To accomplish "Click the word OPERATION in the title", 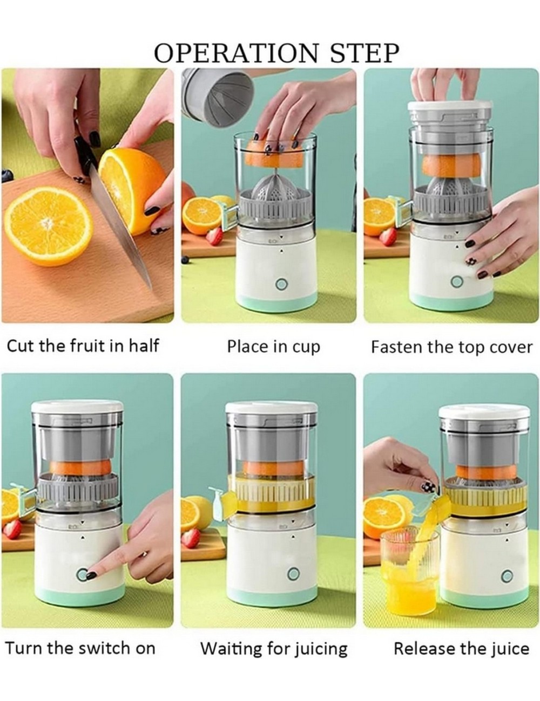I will click(232, 53).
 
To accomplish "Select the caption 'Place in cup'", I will click(273, 346).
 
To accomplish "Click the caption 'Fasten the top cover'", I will click(451, 346).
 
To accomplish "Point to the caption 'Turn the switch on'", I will click(80, 648).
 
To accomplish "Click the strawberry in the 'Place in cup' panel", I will click(214, 236).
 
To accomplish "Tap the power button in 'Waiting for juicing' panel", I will click(294, 574).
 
